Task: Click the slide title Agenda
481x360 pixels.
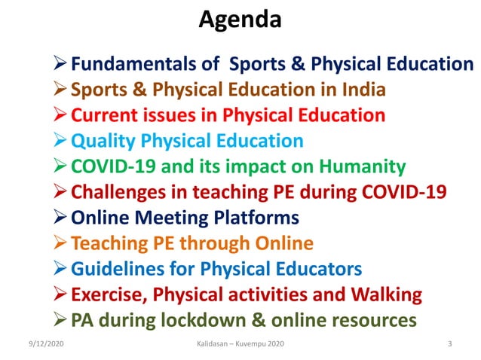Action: [x=240, y=19]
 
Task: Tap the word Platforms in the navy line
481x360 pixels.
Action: [x=253, y=218]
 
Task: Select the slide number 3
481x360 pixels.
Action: [x=449, y=345]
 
